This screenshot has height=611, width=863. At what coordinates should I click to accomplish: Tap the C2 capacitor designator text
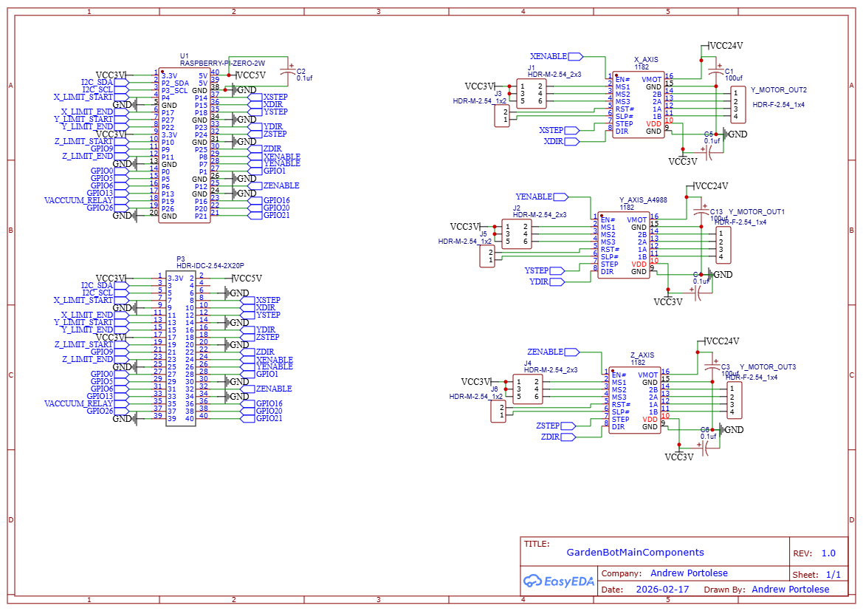pyautogui.click(x=300, y=72)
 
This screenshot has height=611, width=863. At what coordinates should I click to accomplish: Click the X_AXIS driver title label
pyautogui.click(x=646, y=59)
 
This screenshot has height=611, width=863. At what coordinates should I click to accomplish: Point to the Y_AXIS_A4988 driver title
pyautogui.click(x=644, y=200)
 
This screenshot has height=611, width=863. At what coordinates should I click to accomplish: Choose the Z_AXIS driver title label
pyautogui.click(x=642, y=355)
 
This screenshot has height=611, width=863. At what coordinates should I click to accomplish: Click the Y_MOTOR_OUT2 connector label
pyautogui.click(x=778, y=90)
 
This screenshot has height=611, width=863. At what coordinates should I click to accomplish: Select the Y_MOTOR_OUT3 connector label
pyautogui.click(x=768, y=367)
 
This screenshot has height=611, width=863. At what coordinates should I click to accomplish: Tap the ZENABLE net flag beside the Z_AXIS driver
pyautogui.click(x=549, y=352)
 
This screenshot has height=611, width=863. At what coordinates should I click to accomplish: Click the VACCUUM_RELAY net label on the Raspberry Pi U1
pyautogui.click(x=79, y=200)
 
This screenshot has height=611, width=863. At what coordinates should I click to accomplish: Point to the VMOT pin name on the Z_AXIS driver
pyautogui.click(x=647, y=375)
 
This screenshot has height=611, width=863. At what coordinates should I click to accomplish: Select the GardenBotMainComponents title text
pyautogui.click(x=635, y=553)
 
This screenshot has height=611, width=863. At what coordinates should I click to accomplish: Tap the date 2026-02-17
pyautogui.click(x=662, y=590)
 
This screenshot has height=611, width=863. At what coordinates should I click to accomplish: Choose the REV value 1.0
pyautogui.click(x=828, y=553)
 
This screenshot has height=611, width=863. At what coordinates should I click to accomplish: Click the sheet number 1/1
pyautogui.click(x=832, y=574)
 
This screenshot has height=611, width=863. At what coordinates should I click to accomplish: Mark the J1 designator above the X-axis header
pyautogui.click(x=532, y=67)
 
